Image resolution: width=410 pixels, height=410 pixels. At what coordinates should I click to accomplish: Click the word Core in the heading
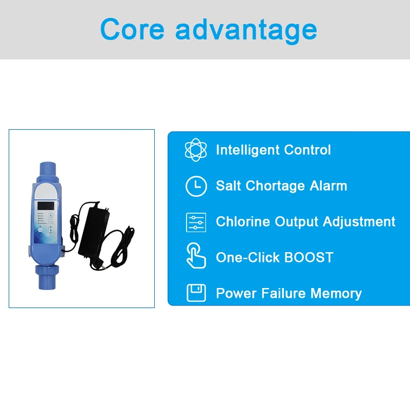pos(132,29)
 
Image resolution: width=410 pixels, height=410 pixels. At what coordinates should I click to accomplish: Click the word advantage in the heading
pos(246,31)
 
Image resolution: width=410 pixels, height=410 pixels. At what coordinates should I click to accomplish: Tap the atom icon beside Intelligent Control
pos(196,150)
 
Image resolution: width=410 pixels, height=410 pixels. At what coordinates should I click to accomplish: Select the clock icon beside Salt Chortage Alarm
pos(196,186)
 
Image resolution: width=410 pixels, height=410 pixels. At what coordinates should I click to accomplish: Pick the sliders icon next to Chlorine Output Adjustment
pos(196,222)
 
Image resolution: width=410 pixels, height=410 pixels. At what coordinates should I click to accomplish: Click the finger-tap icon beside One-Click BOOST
pos(196,256)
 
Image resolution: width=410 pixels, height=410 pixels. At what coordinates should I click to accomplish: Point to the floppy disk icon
pos(196,293)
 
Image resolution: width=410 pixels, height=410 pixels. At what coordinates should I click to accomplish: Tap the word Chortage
pos(275,186)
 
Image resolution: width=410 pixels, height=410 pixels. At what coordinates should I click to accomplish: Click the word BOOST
pos(309,258)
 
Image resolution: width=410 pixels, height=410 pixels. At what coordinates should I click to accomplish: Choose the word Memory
pos(336,294)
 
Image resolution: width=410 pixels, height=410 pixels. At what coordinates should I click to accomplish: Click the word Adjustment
pos(359,222)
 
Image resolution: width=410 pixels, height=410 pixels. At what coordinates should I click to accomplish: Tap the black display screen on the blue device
pos(46,206)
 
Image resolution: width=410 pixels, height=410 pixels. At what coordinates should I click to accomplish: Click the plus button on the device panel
pos(51,215)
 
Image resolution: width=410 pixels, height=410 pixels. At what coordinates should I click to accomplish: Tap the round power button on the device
pos(40,230)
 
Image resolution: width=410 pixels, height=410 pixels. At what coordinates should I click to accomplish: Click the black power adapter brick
pos(94,230)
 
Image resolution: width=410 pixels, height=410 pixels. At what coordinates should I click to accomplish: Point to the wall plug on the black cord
pos(97,264)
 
